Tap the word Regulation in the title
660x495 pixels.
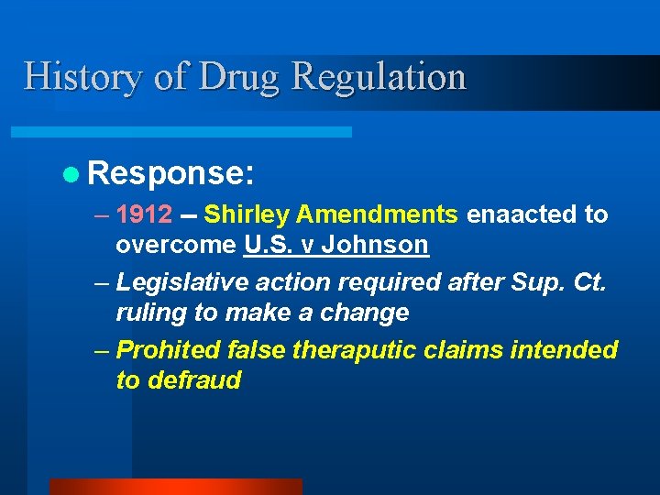coord(379,77)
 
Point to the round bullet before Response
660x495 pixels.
coord(72,171)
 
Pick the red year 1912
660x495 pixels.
coord(144,214)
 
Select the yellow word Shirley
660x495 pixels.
coord(247,214)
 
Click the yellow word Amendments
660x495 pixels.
coord(377,214)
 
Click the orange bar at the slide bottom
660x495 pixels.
coord(175,487)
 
